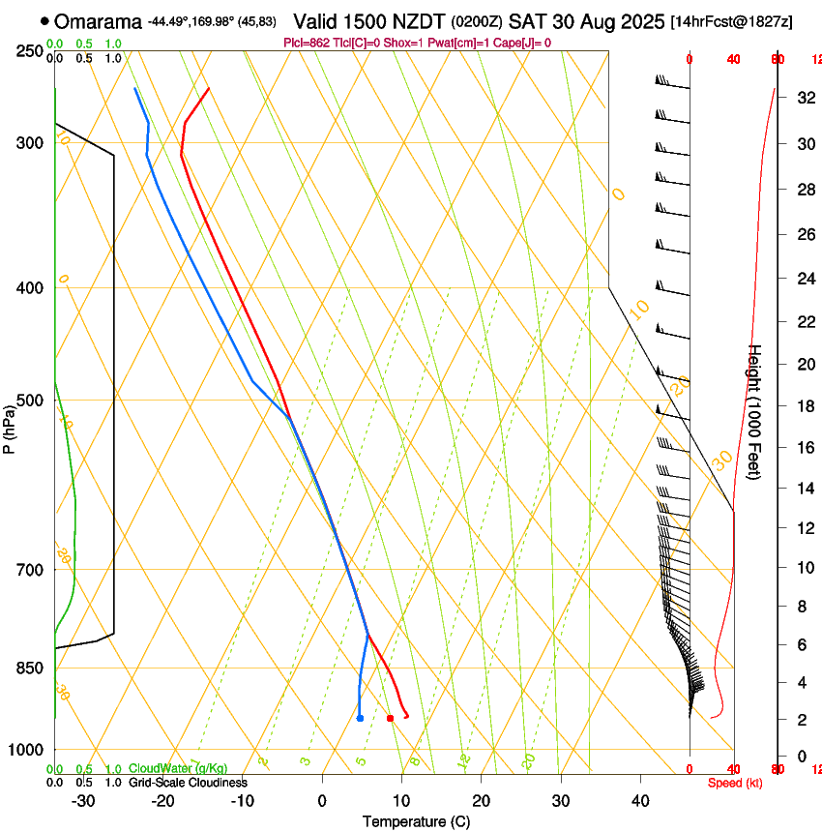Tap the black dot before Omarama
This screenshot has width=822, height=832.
pos(45,21)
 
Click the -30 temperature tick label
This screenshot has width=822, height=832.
pos(83,801)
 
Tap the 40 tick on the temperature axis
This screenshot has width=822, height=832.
pos(640,801)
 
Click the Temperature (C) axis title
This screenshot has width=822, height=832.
pos(416,821)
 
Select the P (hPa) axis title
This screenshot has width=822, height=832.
pos(10,426)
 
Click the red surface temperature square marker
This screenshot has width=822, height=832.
pos(390,718)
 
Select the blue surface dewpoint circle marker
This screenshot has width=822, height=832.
pos(360,718)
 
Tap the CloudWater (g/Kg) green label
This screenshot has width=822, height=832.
pos(178,769)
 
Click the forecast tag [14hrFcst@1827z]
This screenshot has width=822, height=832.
pos(731,21)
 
